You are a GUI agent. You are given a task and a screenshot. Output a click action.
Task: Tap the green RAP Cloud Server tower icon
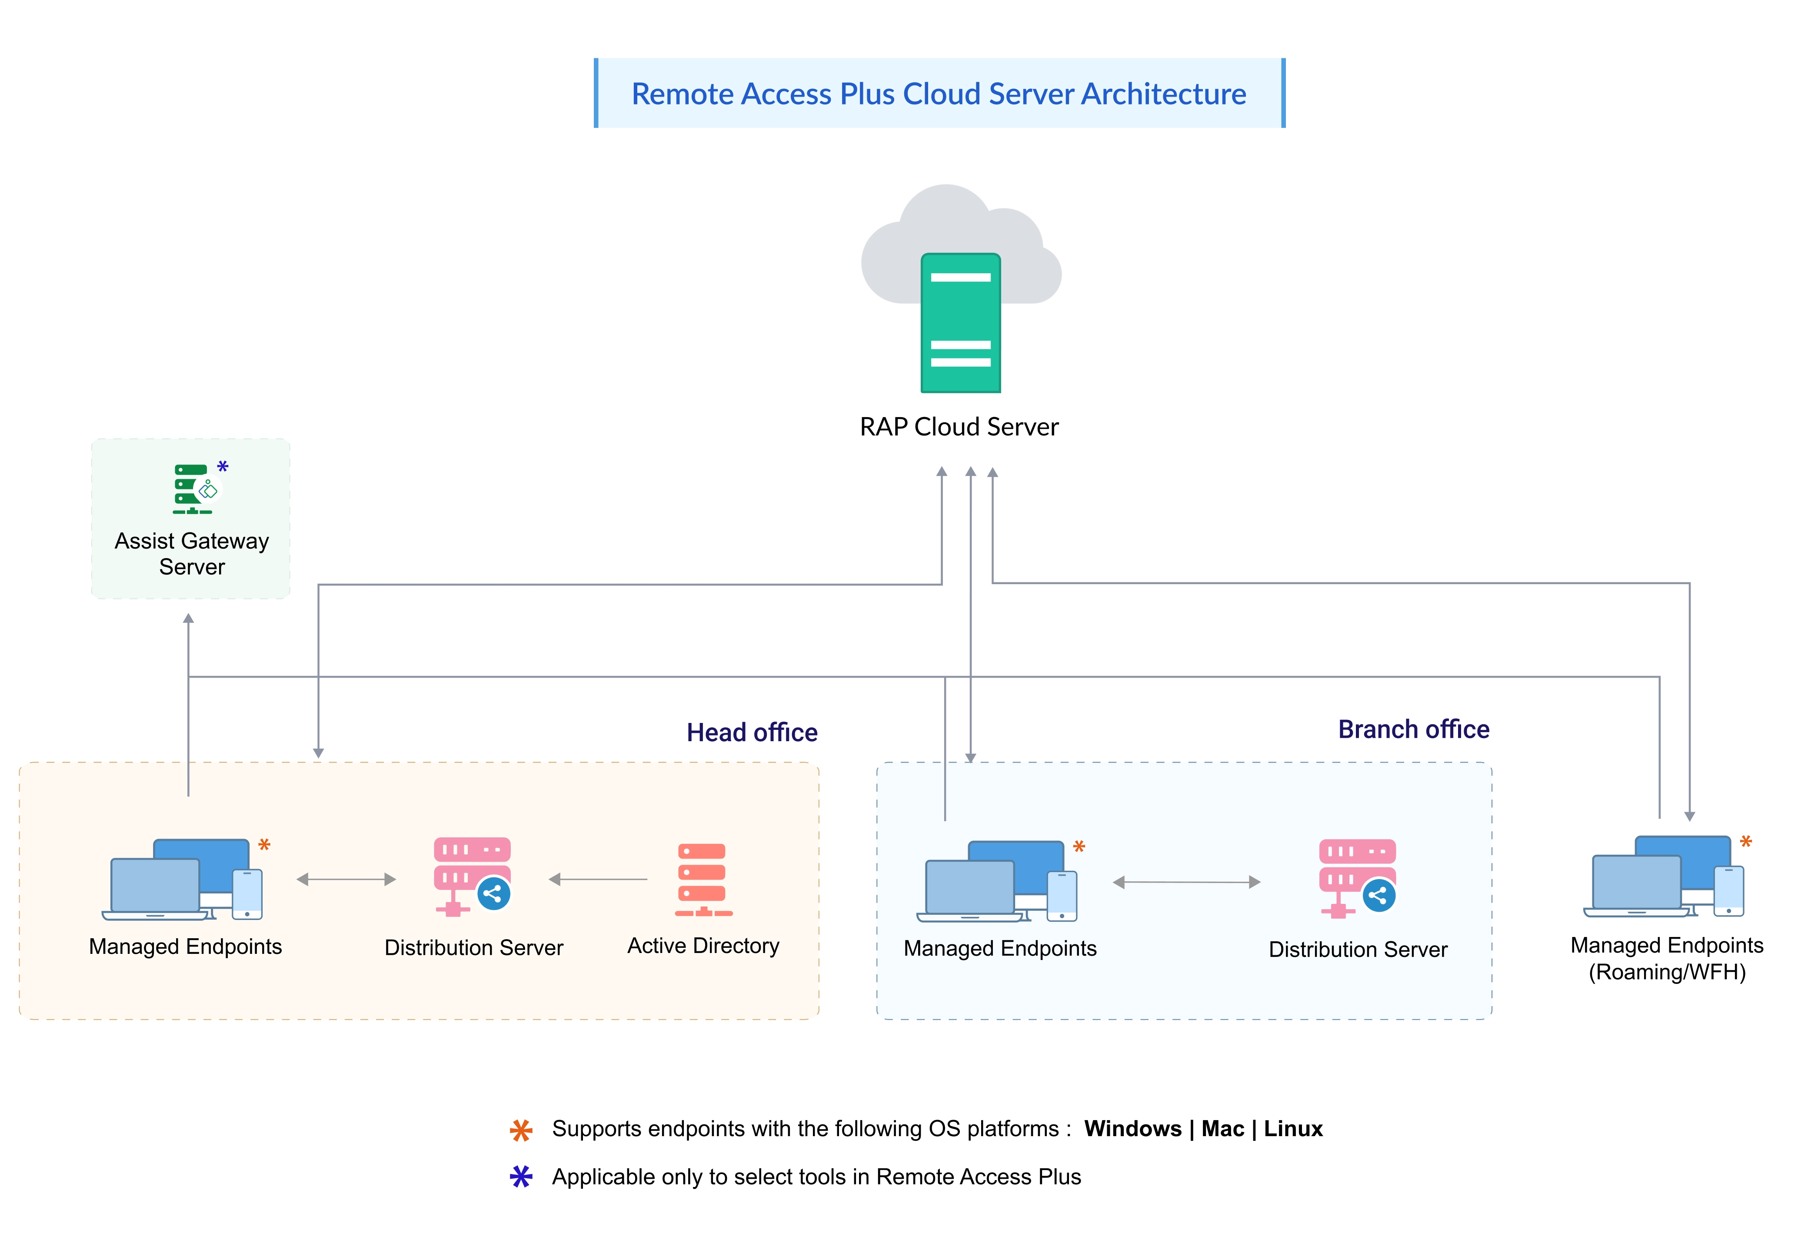(x=960, y=323)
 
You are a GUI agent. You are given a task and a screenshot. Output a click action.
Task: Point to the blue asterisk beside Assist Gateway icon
(x=223, y=467)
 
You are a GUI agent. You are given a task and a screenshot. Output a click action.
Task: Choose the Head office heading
(x=752, y=733)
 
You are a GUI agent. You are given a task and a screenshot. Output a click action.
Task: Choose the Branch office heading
(x=1414, y=729)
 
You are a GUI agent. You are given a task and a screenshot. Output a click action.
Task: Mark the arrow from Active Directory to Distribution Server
(x=597, y=880)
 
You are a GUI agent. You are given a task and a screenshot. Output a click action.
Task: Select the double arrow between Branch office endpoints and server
(x=1186, y=882)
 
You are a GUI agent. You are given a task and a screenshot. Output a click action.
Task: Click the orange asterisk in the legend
(x=521, y=1131)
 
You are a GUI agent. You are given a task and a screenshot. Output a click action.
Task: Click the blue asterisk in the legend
(x=521, y=1177)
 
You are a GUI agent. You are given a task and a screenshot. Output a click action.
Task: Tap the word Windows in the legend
(x=1132, y=1129)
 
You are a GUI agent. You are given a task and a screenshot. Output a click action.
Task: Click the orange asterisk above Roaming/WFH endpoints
(x=1745, y=842)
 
